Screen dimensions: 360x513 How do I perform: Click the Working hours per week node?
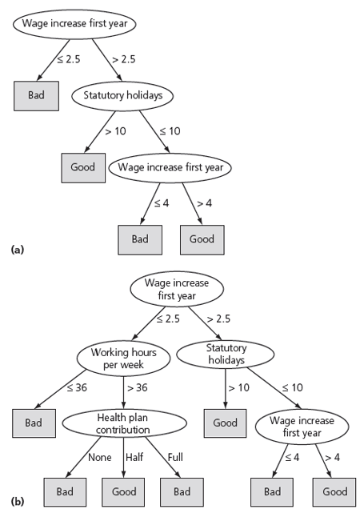tap(123, 359)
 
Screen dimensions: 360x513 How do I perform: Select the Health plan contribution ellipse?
tap(124, 423)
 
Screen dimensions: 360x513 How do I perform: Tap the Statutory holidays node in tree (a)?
tap(122, 95)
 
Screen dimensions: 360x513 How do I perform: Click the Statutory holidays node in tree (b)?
tap(226, 354)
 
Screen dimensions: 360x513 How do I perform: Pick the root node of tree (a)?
tap(74, 24)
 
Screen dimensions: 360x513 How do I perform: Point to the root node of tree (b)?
tap(177, 289)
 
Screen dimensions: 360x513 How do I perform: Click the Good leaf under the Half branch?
tap(123, 491)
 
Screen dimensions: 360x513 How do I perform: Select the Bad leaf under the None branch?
tap(65, 491)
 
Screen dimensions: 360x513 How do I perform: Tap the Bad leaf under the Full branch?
tap(182, 491)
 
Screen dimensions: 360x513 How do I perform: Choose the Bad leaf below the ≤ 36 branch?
tap(34, 423)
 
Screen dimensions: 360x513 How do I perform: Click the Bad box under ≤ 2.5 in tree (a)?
tap(36, 96)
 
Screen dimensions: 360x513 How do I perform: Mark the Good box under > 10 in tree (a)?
tap(83, 168)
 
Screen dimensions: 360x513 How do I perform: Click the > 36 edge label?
tap(138, 387)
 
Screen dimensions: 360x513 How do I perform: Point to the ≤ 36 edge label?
tap(77, 387)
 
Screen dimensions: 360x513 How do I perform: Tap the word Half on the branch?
tap(134, 457)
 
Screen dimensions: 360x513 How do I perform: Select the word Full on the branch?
tap(175, 457)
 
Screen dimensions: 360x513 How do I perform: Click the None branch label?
tap(100, 457)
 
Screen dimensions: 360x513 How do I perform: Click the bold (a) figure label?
tap(18, 250)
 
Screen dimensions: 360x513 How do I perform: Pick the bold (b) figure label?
tap(18, 501)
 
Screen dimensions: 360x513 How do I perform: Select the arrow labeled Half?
tap(123, 458)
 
